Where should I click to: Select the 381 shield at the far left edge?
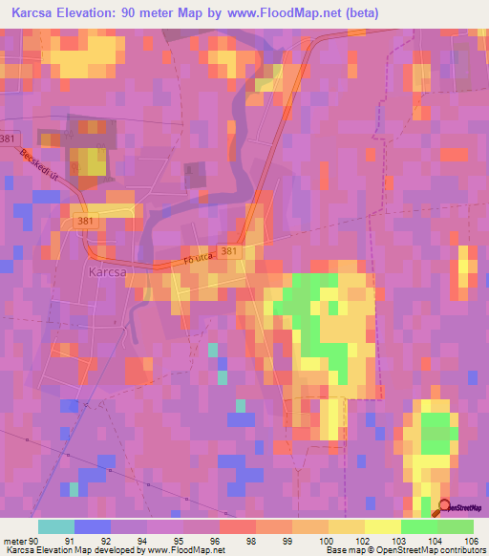(x=8, y=137)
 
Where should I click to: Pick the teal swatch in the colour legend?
(x=55, y=526)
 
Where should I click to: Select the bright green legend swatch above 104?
(x=418, y=526)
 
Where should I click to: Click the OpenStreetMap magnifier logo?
(x=445, y=508)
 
